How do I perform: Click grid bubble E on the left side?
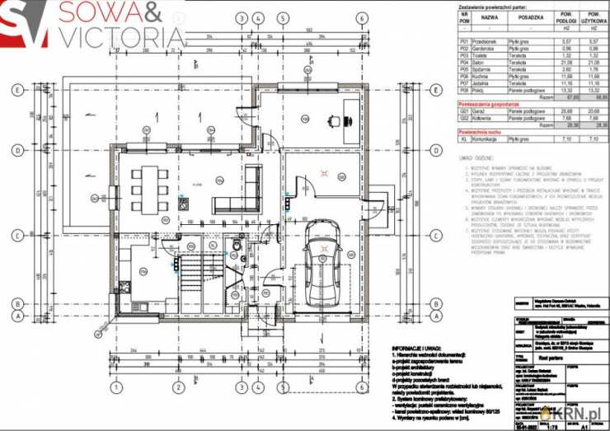pyautogui.click(x=16, y=90)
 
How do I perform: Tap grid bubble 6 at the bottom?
pyautogui.click(x=360, y=386)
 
